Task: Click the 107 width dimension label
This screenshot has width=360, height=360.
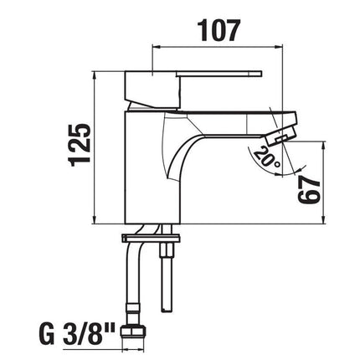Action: point(219,31)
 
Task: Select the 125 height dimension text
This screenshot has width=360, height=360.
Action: point(80,145)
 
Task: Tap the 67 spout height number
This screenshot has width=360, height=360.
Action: point(309,190)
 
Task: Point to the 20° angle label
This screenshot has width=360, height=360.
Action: point(267,157)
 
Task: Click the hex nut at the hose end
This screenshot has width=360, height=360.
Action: point(133,332)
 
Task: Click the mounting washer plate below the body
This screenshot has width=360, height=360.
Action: point(151,239)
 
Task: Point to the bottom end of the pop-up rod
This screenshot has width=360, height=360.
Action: point(167,309)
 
